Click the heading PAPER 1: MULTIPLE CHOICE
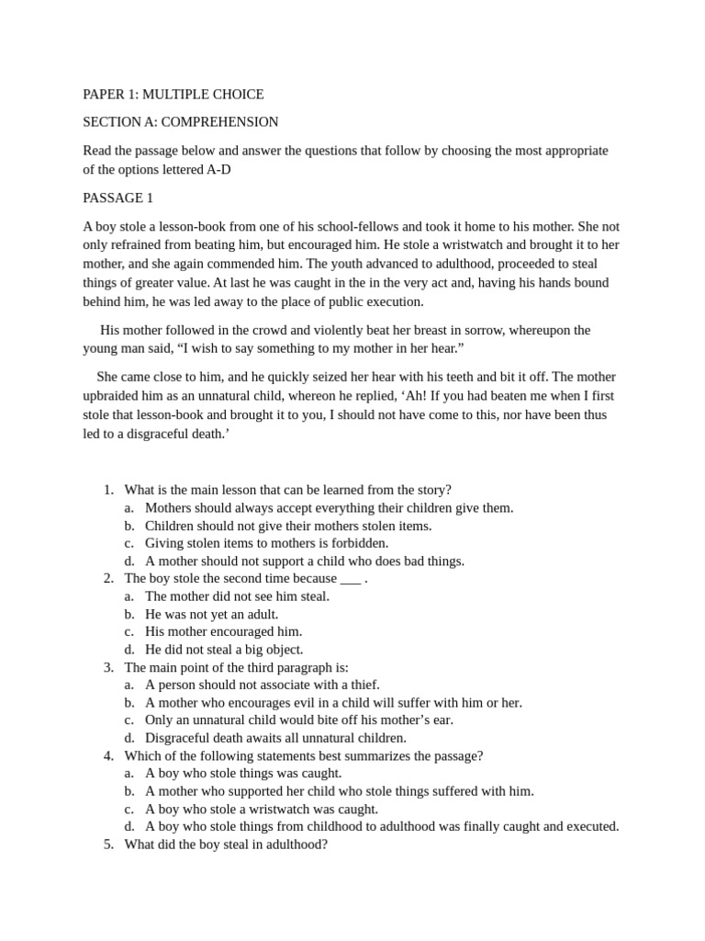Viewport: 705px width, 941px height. click(x=173, y=94)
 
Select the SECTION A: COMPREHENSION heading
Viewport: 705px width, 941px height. click(x=180, y=121)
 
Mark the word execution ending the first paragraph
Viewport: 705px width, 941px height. click(x=395, y=301)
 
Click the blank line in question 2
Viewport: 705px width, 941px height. click(x=350, y=578)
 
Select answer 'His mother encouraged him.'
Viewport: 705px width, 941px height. click(x=223, y=631)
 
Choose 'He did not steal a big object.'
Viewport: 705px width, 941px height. click(x=223, y=649)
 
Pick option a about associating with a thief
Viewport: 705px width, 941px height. click(x=262, y=685)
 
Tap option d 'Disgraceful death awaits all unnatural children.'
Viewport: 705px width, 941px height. click(x=274, y=737)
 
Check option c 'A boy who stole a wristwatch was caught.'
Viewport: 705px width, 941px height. click(x=261, y=809)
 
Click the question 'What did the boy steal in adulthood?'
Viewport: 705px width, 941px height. click(x=225, y=844)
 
